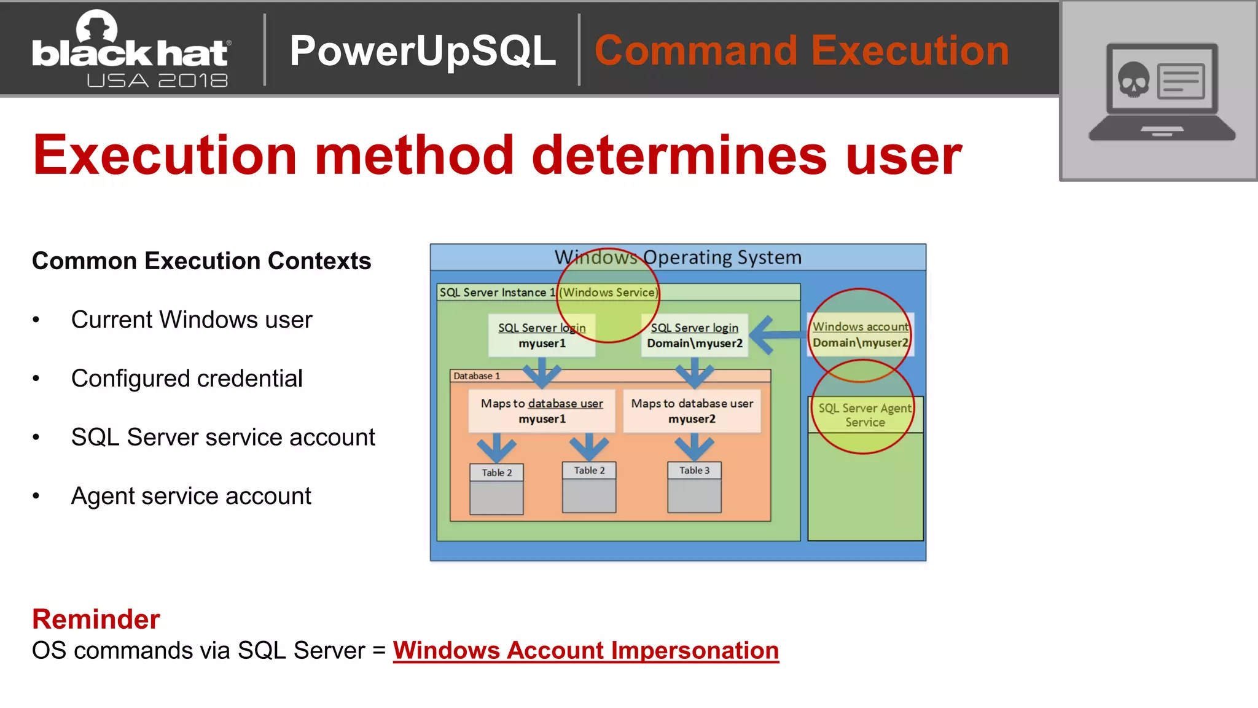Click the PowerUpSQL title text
pyautogui.click(x=423, y=51)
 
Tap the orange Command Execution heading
pyautogui.click(x=802, y=51)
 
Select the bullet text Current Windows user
pyautogui.click(x=192, y=320)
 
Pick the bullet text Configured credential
pyautogui.click(x=187, y=379)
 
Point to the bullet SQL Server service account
pyautogui.click(x=223, y=438)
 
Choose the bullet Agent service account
pyautogui.click(x=191, y=496)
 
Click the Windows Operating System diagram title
pyautogui.click(x=678, y=258)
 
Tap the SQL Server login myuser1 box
pyautogui.click(x=542, y=336)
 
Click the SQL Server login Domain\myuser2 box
pyautogui.click(x=695, y=336)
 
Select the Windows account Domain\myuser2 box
pyautogui.click(x=860, y=335)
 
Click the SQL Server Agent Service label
pyautogui.click(x=865, y=415)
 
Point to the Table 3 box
pyautogui.click(x=694, y=487)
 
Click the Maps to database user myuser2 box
pyautogui.click(x=692, y=411)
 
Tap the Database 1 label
pyautogui.click(x=477, y=376)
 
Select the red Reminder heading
pyautogui.click(x=96, y=619)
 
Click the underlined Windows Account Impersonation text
pyautogui.click(x=585, y=651)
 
